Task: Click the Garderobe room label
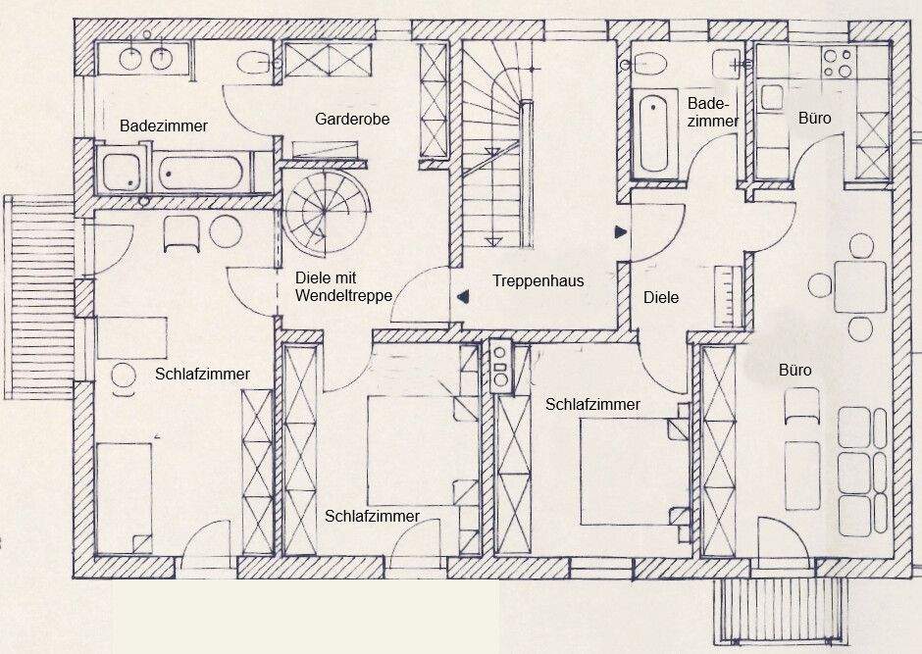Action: pyautogui.click(x=353, y=120)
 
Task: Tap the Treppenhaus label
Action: pyautogui.click(x=538, y=281)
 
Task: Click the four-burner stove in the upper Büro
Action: pyautogui.click(x=837, y=64)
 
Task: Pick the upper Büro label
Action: pyautogui.click(x=815, y=119)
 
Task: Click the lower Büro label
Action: pyautogui.click(x=794, y=371)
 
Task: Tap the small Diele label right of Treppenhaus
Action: pyautogui.click(x=661, y=297)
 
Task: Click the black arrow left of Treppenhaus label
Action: pyautogui.click(x=463, y=294)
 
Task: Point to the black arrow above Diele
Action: pyautogui.click(x=620, y=232)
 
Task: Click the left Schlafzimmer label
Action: pyautogui.click(x=202, y=374)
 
